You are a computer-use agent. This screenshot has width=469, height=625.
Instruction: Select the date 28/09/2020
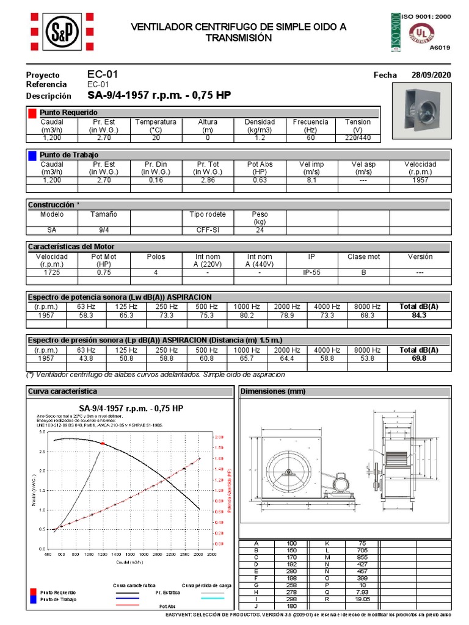(x=432, y=75)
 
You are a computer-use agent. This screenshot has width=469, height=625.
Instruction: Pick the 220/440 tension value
(x=357, y=138)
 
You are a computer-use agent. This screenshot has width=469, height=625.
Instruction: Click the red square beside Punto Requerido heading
(x=32, y=113)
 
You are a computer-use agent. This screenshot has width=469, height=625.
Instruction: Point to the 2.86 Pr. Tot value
(x=208, y=181)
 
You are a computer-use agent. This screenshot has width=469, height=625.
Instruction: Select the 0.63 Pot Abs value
(x=260, y=181)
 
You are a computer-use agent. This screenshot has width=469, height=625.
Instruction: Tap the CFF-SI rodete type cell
(x=208, y=231)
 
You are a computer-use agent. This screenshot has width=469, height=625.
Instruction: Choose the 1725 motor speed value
(x=52, y=273)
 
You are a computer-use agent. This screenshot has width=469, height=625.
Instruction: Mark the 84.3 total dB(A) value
(x=418, y=315)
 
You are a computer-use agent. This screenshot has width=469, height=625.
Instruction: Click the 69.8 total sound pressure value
(x=418, y=358)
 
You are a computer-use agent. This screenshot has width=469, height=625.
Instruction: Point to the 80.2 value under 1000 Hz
(x=247, y=315)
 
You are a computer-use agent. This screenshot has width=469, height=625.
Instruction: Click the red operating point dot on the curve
(x=103, y=443)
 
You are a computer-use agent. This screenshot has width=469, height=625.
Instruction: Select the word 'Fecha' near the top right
(x=385, y=75)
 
